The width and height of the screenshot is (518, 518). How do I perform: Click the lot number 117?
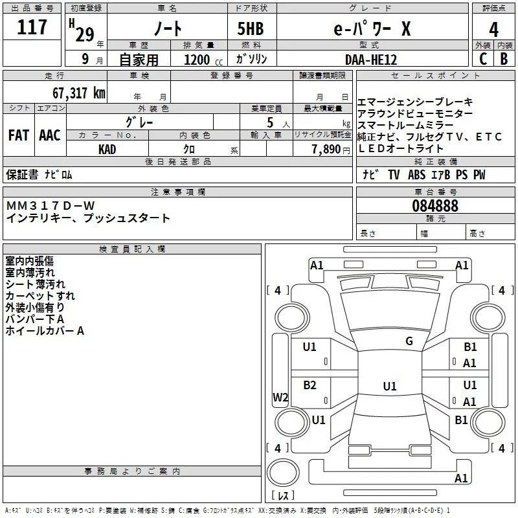32,27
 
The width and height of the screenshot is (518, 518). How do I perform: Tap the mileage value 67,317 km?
79,93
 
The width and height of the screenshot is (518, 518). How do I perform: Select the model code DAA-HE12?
370,60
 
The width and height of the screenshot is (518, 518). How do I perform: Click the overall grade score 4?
493,30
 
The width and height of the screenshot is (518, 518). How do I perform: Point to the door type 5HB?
251,28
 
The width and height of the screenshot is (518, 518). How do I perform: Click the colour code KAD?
107,150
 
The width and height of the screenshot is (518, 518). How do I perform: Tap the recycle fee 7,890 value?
326,150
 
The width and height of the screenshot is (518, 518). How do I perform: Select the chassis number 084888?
435,206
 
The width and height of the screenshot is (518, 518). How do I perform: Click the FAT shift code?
19,135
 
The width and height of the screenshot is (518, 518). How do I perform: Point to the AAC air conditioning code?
50,135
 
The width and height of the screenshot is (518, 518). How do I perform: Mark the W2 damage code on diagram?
280,397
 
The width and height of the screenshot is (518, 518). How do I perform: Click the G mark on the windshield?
409,341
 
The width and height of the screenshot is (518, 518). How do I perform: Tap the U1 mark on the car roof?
390,386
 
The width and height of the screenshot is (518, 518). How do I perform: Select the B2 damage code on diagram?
310,385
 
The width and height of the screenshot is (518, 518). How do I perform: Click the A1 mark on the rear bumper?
461,479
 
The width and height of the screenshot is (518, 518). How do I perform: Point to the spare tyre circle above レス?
283,473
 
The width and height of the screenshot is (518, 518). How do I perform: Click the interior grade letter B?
504,59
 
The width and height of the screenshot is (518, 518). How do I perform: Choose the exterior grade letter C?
483,59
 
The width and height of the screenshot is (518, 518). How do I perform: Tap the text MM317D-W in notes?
51,206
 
